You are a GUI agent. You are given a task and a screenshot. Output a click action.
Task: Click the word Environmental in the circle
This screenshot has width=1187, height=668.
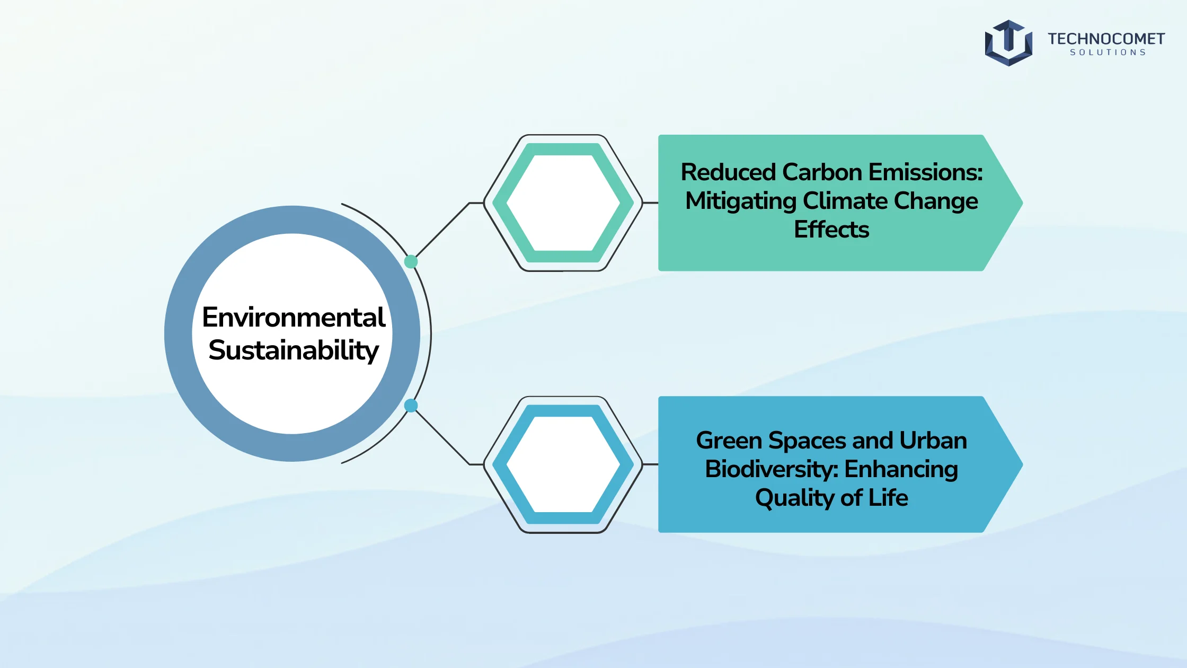pyautogui.click(x=294, y=317)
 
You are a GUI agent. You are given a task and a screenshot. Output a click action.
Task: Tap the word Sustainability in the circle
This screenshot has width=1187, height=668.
pyautogui.click(x=294, y=350)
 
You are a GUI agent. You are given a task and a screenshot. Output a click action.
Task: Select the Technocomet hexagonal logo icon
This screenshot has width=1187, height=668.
pyautogui.click(x=1008, y=43)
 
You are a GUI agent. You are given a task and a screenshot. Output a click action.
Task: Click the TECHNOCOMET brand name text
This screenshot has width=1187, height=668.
pyautogui.click(x=1106, y=39)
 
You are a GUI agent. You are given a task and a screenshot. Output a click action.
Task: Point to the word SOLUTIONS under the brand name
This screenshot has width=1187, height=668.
pyautogui.click(x=1108, y=52)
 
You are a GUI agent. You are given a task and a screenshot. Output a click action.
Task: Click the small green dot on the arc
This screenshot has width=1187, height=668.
pyautogui.click(x=411, y=261)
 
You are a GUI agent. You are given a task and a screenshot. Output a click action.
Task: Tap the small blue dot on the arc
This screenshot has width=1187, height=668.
pyautogui.click(x=411, y=406)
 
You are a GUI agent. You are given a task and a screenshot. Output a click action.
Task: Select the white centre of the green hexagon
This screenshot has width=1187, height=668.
pyautogui.click(x=563, y=203)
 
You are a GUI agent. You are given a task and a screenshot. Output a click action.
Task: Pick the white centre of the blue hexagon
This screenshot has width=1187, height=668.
pyautogui.click(x=563, y=464)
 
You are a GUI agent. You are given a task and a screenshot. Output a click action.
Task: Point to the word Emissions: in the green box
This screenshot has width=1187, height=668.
pyautogui.click(x=925, y=172)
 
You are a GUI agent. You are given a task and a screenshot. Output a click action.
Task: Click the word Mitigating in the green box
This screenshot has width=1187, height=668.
pyautogui.click(x=741, y=201)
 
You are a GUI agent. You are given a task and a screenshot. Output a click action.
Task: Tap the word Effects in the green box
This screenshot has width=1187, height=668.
pyautogui.click(x=831, y=230)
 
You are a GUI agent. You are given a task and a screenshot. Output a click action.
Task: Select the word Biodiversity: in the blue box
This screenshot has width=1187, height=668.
pyautogui.click(x=772, y=469)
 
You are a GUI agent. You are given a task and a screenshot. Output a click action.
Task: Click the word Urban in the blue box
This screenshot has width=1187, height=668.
pyautogui.click(x=933, y=441)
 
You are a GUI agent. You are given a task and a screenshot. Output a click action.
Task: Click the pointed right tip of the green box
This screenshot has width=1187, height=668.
pyautogui.click(x=1023, y=203)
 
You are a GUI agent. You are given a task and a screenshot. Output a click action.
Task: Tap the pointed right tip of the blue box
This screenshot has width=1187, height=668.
pyautogui.click(x=1023, y=464)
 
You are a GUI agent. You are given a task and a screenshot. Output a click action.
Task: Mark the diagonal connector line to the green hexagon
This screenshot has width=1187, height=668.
pyautogui.click(x=443, y=230)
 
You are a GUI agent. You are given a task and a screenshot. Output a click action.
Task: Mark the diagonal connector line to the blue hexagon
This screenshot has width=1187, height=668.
pyautogui.click(x=443, y=437)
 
